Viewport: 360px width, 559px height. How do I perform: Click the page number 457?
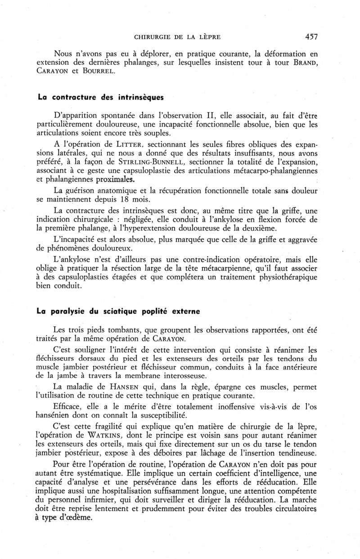(x=311, y=37)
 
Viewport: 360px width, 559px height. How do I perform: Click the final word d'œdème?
(x=75, y=517)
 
